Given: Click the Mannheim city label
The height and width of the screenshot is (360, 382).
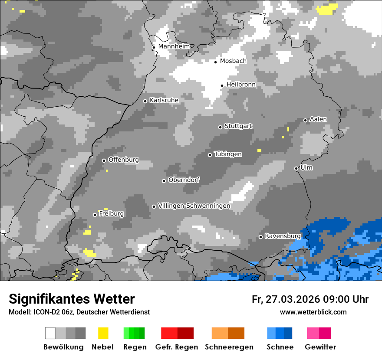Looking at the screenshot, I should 174,46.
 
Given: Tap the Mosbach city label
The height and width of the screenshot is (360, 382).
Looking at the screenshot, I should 233,61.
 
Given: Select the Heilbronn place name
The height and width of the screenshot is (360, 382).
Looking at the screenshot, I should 241,85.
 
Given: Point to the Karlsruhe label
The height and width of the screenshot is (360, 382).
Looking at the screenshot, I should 164,100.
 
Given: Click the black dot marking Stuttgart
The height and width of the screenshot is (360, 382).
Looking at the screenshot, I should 220,127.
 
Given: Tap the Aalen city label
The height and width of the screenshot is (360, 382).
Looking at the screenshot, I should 318,119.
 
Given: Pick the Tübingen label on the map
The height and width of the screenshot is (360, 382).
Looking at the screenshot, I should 228,154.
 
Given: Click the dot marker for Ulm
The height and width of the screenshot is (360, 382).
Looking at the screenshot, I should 296,168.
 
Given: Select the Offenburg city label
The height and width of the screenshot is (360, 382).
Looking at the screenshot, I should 124,160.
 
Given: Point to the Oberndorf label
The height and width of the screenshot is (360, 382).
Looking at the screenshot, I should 184,180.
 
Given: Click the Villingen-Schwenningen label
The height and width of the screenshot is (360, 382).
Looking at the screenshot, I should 194,206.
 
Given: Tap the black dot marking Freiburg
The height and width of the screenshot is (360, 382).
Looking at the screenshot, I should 95,215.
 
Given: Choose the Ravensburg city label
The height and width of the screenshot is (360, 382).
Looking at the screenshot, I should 283,236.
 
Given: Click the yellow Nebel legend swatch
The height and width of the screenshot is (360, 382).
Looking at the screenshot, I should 103,333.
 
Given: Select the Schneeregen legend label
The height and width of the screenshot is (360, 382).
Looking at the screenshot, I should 229,347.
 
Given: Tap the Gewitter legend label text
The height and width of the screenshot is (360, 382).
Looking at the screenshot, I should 320,347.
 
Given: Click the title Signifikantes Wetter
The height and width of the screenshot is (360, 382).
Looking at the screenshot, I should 72,299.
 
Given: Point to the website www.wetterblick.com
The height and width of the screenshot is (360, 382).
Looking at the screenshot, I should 313,312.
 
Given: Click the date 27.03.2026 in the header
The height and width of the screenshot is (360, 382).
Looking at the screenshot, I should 292,299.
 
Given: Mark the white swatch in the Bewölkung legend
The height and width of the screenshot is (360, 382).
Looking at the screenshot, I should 50,333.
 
